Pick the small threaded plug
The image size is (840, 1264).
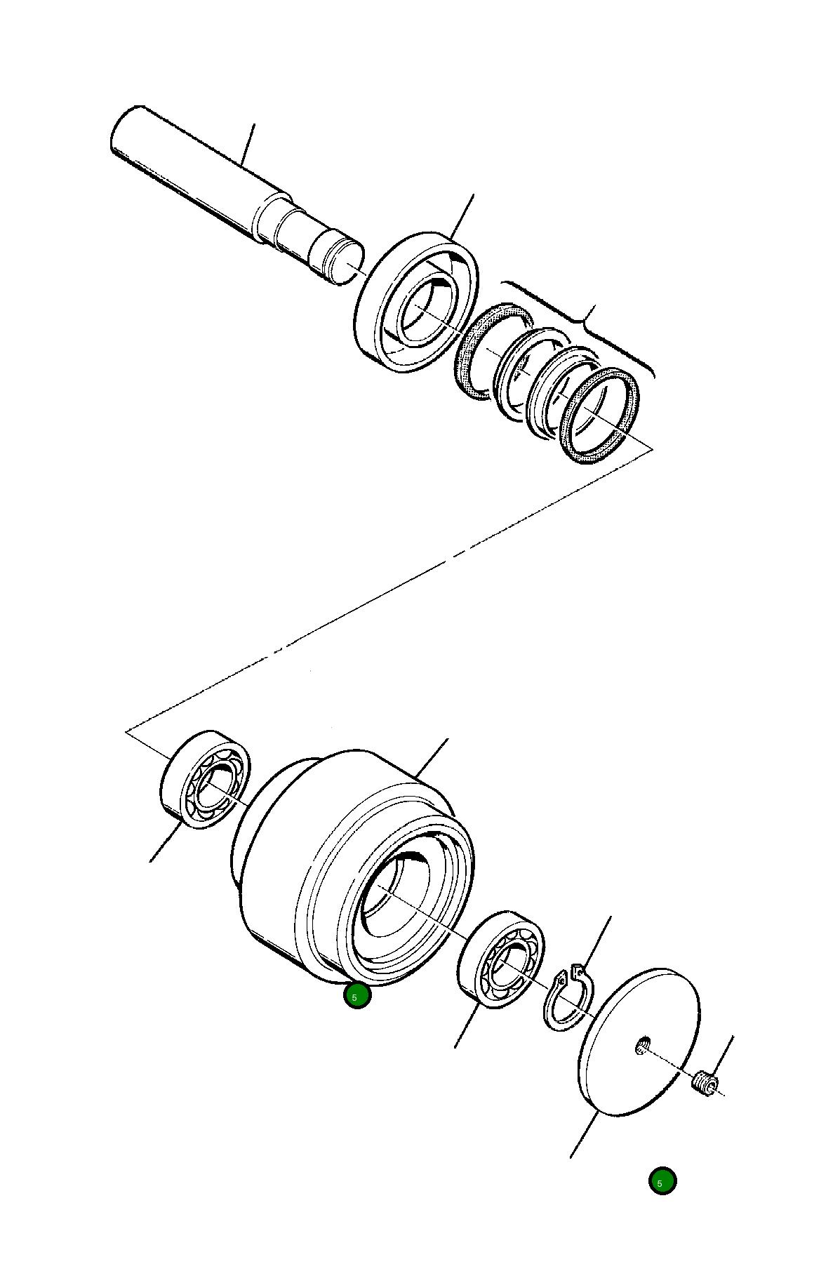point(705,1084)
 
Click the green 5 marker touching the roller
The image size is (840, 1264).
point(356,996)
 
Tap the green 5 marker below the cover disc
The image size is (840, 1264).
point(662,1180)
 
